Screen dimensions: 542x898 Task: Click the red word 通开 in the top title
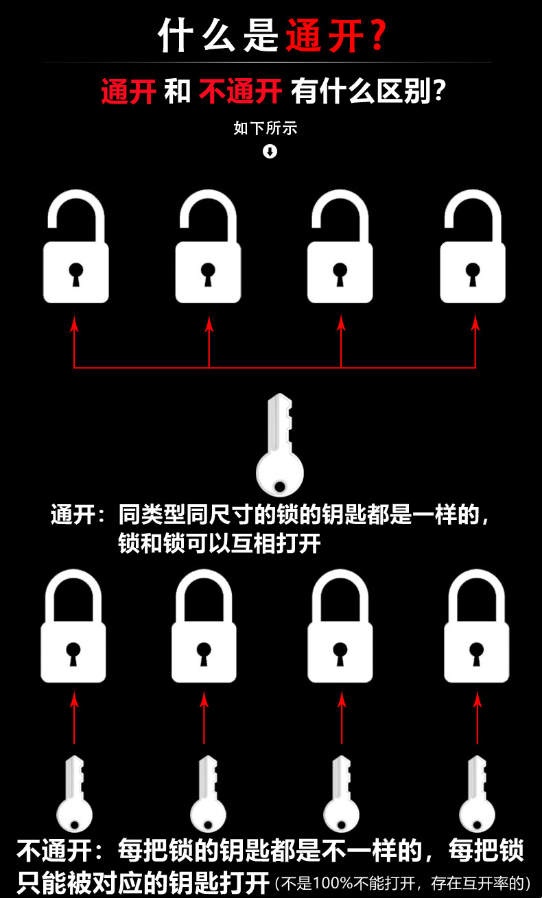pos(324,36)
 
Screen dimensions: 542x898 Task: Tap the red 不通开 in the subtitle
pos(240,91)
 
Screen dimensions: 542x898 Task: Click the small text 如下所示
pos(266,128)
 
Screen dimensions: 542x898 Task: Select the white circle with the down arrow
pos(270,151)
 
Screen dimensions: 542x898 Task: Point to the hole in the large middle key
pos(279,487)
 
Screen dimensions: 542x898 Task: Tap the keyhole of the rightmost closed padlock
pos(476,652)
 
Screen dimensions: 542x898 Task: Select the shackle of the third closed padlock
pos(340,593)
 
